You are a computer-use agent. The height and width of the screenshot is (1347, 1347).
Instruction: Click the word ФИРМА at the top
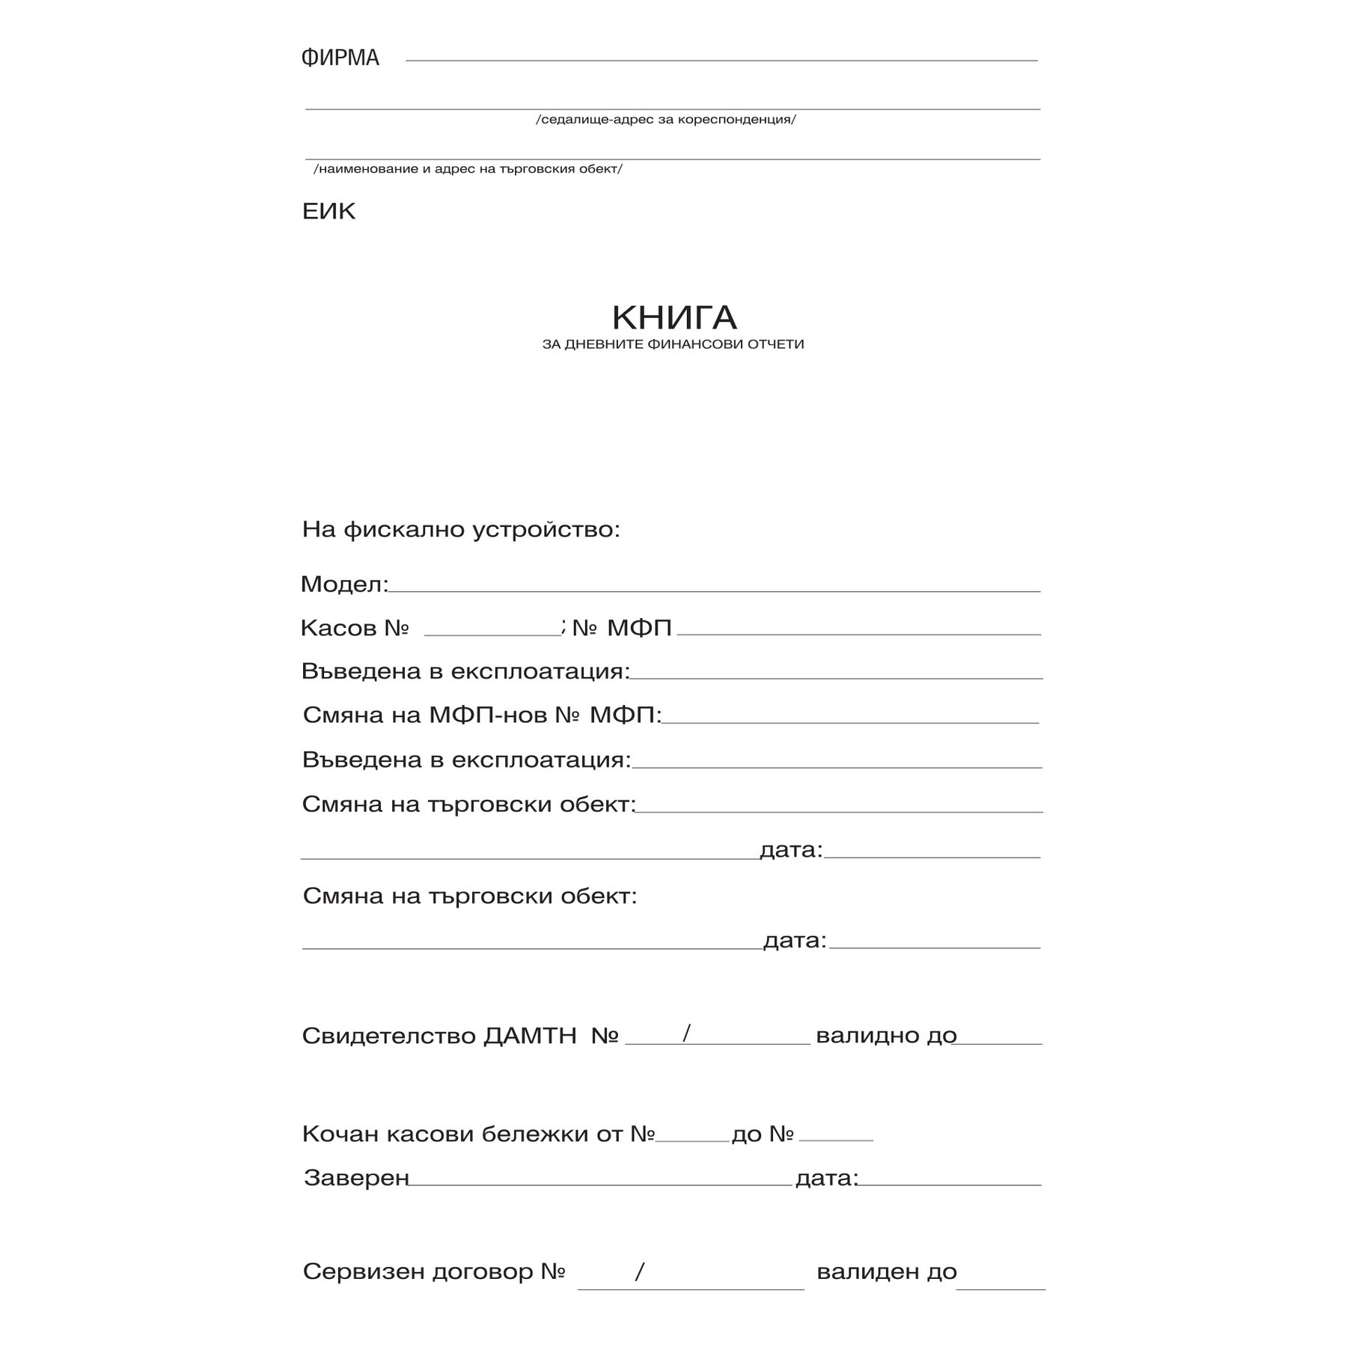click(340, 58)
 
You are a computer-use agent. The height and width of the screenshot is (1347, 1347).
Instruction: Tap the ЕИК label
click(329, 212)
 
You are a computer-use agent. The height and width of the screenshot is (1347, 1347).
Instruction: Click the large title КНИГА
click(674, 317)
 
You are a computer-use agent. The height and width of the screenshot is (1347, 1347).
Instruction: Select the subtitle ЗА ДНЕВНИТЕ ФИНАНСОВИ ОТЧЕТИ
click(673, 345)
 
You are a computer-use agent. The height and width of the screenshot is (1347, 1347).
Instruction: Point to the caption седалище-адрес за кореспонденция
click(666, 120)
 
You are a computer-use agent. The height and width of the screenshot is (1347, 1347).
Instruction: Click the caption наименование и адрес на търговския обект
click(468, 169)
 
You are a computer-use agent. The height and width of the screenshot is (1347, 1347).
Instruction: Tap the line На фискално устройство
click(461, 530)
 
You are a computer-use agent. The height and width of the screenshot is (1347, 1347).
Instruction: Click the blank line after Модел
click(715, 590)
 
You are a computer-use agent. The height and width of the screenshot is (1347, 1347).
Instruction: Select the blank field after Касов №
click(492, 633)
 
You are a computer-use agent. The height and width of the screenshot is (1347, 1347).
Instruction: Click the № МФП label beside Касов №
click(622, 628)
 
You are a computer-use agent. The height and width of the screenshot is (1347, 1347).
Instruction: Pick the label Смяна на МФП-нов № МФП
click(482, 715)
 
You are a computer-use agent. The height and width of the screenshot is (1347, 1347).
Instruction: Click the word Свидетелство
click(389, 1036)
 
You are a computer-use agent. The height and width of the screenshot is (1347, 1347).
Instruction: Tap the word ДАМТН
click(531, 1036)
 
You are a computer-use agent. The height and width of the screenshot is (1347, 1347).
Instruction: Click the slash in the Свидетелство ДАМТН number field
click(686, 1033)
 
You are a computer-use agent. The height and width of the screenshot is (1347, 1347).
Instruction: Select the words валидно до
click(886, 1036)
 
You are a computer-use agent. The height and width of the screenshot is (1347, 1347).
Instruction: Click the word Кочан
click(340, 1134)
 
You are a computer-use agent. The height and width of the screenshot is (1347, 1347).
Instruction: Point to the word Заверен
click(356, 1179)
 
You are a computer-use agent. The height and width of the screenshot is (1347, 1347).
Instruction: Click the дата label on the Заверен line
click(826, 1179)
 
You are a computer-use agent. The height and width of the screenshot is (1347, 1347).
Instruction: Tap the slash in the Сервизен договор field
click(639, 1271)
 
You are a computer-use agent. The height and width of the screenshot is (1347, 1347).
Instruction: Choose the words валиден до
click(887, 1272)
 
